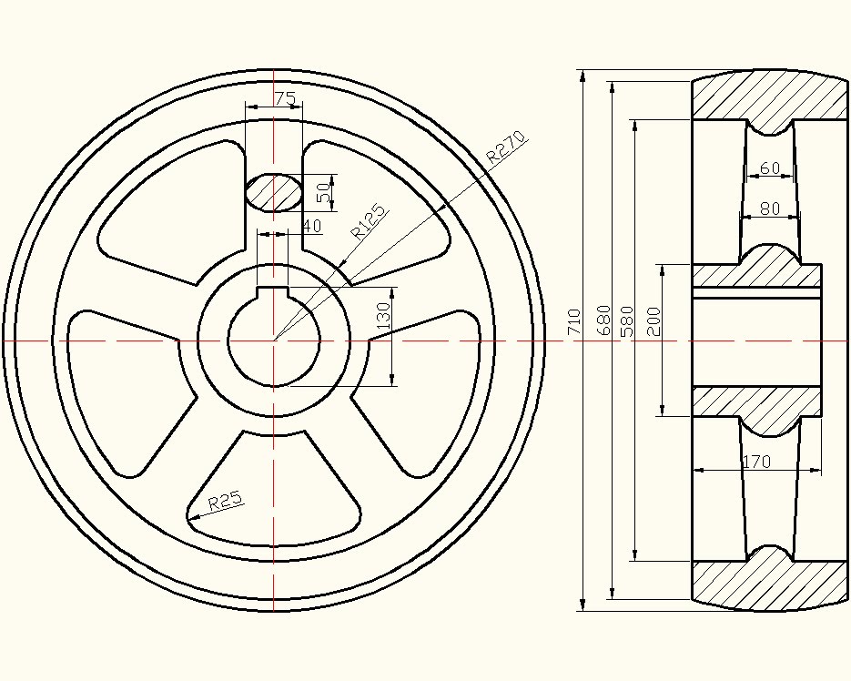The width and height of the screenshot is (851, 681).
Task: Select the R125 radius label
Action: pyautogui.click(x=369, y=219)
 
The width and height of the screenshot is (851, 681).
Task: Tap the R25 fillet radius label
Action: pyautogui.click(x=225, y=501)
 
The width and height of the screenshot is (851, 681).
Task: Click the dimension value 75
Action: pyautogui.click(x=285, y=97)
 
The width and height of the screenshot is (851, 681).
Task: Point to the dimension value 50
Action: pyautogui.click(x=323, y=192)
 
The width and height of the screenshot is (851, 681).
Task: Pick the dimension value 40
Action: pyautogui.click(x=311, y=226)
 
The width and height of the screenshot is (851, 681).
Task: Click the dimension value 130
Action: pyautogui.click(x=383, y=315)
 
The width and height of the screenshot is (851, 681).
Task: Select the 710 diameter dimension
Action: pyautogui.click(x=573, y=322)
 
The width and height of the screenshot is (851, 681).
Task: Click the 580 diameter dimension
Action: pyautogui.click(x=625, y=322)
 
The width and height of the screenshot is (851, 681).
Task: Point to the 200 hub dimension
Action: pyautogui.click(x=653, y=322)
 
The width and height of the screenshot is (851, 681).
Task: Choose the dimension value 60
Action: pyautogui.click(x=770, y=168)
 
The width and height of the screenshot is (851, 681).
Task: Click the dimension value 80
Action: pyautogui.click(x=770, y=208)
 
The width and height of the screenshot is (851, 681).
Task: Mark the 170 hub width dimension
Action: pyautogui.click(x=756, y=462)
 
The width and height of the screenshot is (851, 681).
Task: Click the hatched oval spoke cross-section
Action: pyautogui.click(x=273, y=192)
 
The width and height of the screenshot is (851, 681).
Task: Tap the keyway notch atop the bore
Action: pyautogui.click(x=273, y=293)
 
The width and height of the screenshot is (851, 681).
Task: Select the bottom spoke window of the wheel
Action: pyautogui.click(x=273, y=492)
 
